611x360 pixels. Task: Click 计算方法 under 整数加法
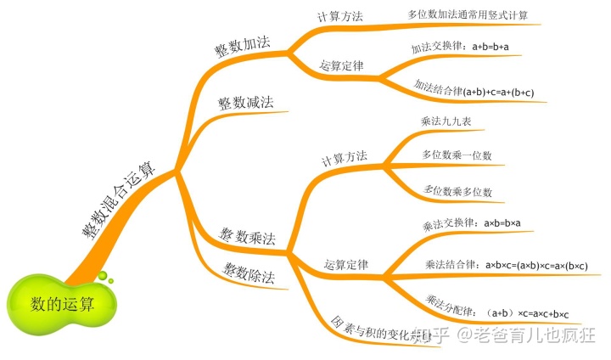(x=339, y=17)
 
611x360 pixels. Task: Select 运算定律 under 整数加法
(x=342, y=65)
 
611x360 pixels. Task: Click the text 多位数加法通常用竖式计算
(x=467, y=15)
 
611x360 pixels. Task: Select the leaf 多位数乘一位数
(x=457, y=155)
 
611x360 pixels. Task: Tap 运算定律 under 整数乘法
(x=346, y=265)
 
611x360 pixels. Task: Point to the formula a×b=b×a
(x=502, y=223)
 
